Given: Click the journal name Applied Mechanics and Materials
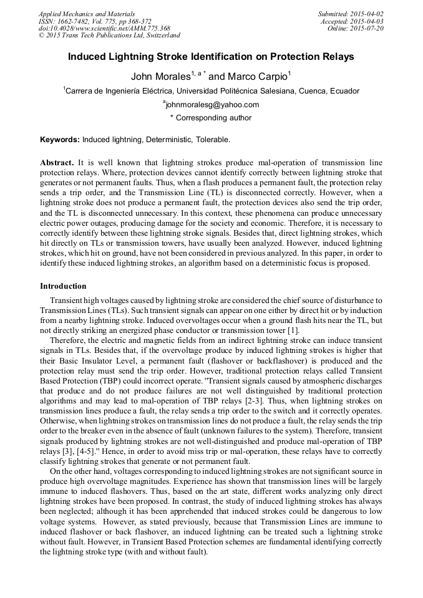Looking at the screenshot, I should [86, 14].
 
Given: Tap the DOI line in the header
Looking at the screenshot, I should [104, 29].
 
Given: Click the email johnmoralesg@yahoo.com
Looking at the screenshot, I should [211, 105].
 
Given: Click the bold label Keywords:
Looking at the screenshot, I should [60, 140].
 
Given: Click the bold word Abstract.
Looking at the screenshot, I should [57, 162].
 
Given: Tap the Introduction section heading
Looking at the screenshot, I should [63, 286].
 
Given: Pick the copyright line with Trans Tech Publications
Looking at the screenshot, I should [110, 36].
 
